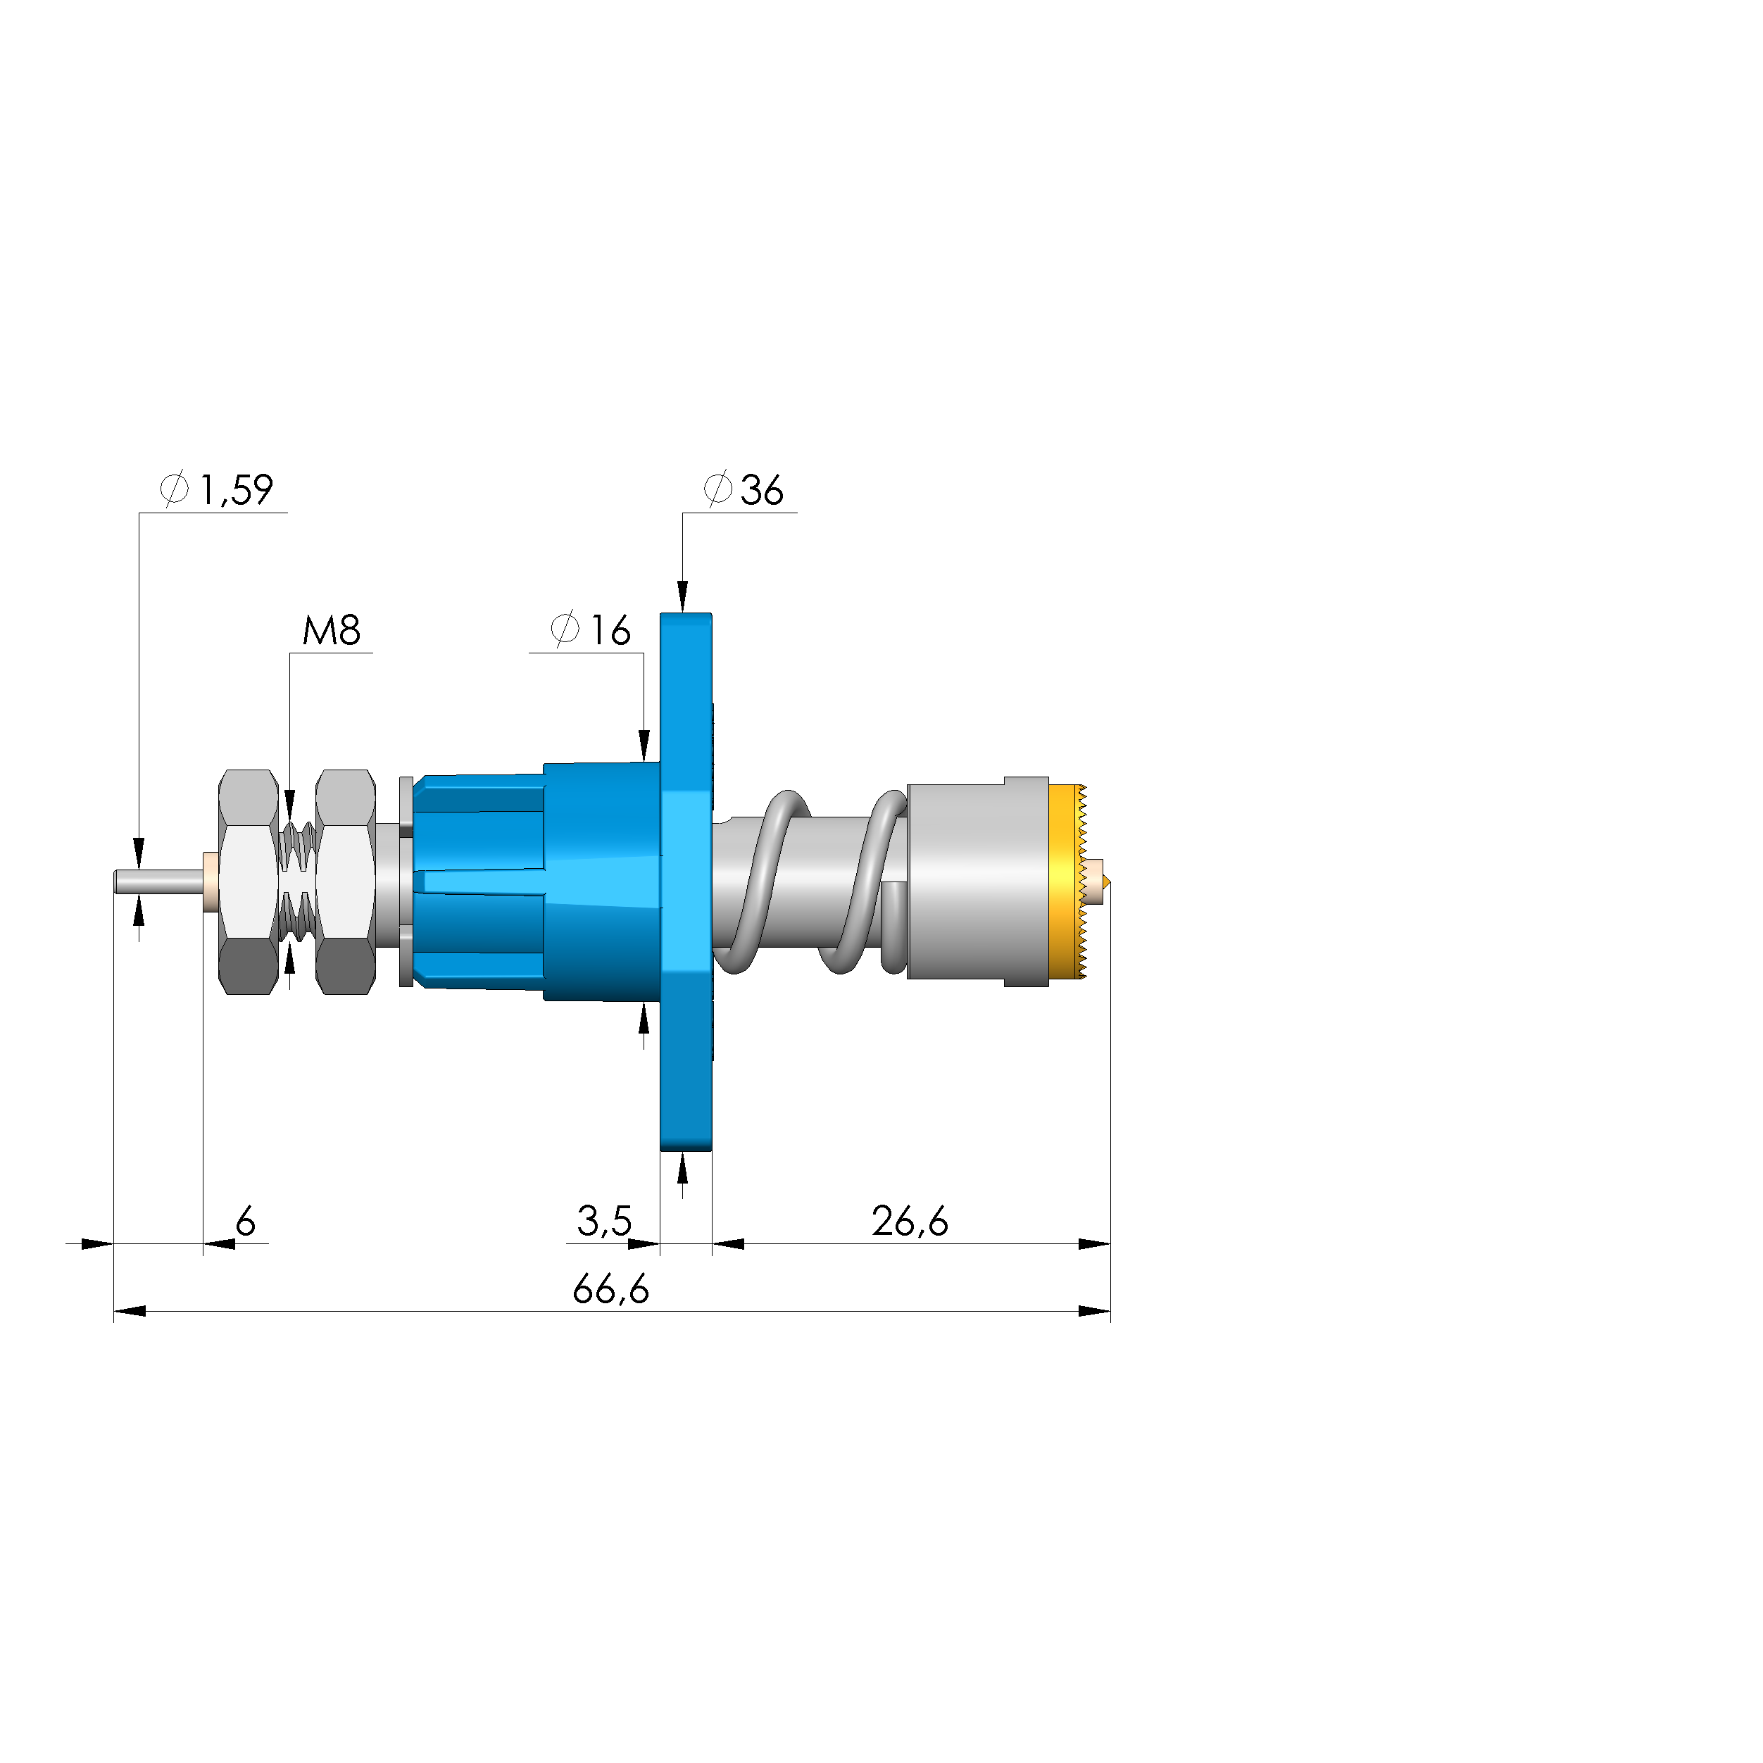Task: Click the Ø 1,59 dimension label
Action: pyautogui.click(x=216, y=490)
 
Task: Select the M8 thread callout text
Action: pyautogui.click(x=331, y=631)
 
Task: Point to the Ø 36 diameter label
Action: pyautogui.click(x=744, y=490)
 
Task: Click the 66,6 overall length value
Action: pyautogui.click(x=610, y=1289)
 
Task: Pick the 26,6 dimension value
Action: pyautogui.click(x=910, y=1221)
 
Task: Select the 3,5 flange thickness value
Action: pyautogui.click(x=604, y=1221)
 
